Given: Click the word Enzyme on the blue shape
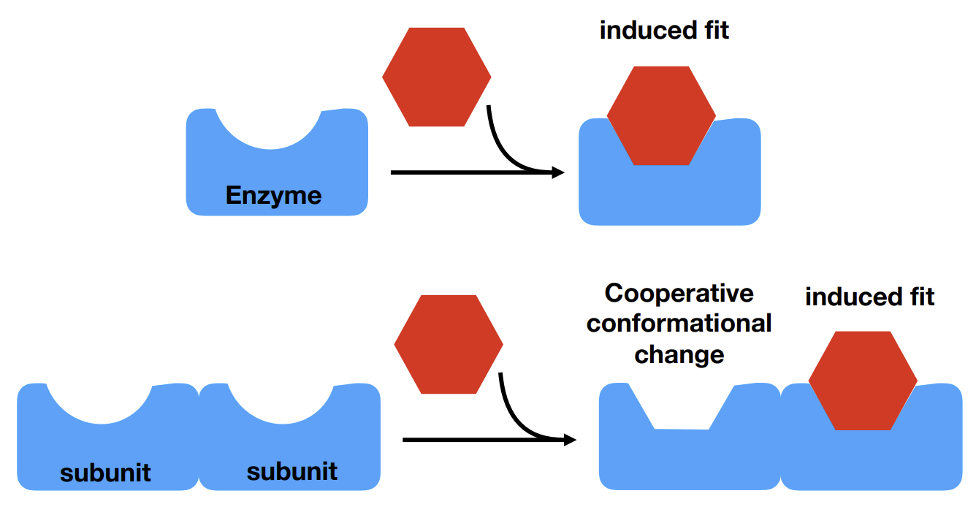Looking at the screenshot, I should tap(273, 196).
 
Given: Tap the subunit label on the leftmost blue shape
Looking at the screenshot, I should tap(105, 473).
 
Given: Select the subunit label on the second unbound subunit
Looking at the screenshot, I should tap(292, 471).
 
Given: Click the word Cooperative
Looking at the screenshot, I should tap(679, 294).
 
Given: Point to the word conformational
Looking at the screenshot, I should tap(679, 324).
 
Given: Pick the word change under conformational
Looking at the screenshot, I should tap(679, 354).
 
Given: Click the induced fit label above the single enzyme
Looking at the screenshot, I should tap(664, 31).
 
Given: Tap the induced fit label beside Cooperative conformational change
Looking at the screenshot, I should tap(869, 297).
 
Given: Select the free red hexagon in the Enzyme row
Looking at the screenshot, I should tap(436, 77).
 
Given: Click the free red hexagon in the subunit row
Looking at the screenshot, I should tap(448, 344).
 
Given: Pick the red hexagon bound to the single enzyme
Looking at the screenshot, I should tap(661, 115).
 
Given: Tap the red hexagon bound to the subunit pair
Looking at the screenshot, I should tap(862, 381).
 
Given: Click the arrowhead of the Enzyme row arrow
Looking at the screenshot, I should tap(558, 173).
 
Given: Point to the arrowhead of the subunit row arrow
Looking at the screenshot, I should tap(570, 440).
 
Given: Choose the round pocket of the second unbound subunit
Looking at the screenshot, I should tap(282, 402).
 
